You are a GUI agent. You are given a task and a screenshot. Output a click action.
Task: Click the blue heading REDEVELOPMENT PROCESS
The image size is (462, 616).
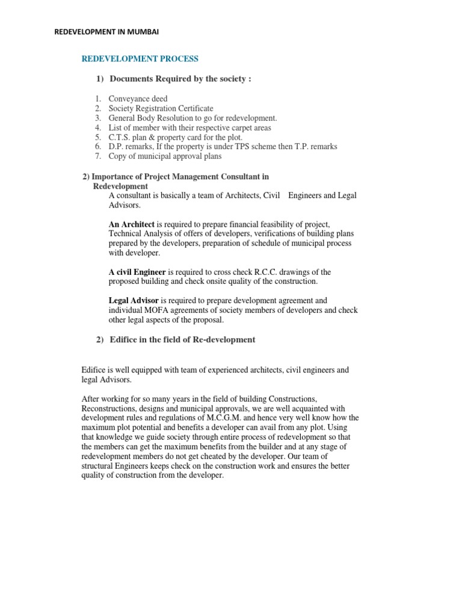click(x=140, y=59)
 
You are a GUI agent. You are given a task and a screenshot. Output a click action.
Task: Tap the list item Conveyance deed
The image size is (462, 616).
click(x=138, y=99)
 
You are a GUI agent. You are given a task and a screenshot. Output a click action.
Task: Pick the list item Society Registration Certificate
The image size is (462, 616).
click(x=161, y=108)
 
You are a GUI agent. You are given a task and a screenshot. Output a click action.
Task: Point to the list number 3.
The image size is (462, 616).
click(x=98, y=118)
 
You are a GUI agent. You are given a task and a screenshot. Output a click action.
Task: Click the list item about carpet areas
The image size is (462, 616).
click(x=189, y=128)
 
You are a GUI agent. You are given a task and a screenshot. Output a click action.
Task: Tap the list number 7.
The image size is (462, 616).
click(x=98, y=156)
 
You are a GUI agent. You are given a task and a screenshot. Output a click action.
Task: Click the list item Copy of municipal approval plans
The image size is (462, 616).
click(x=165, y=156)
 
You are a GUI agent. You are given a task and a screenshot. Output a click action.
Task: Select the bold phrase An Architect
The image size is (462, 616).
click(x=132, y=224)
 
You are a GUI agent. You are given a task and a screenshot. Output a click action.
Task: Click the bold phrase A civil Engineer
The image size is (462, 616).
click(x=137, y=272)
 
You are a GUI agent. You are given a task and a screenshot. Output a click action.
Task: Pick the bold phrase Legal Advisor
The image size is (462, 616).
click(x=134, y=301)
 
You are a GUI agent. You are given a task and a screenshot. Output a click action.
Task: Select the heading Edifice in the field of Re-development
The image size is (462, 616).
click(x=182, y=340)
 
